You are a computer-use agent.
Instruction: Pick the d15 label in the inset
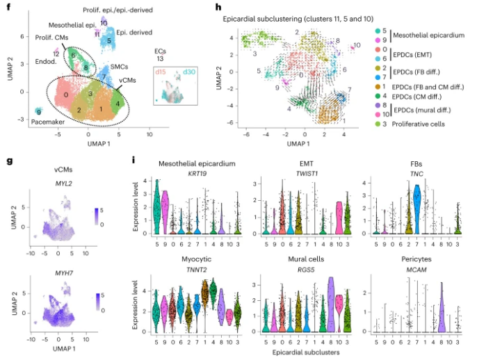pos(165,72)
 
